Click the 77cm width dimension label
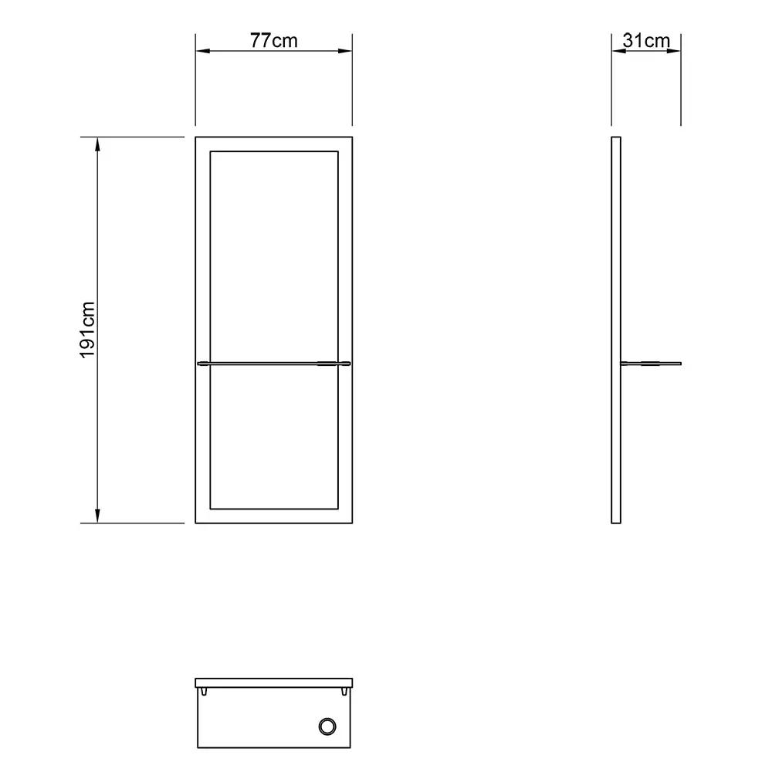pos(273,41)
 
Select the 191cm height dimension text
pos(87,330)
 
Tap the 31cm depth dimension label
pos(646,41)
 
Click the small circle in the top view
pos(327,726)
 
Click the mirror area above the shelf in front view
pos(273,255)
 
